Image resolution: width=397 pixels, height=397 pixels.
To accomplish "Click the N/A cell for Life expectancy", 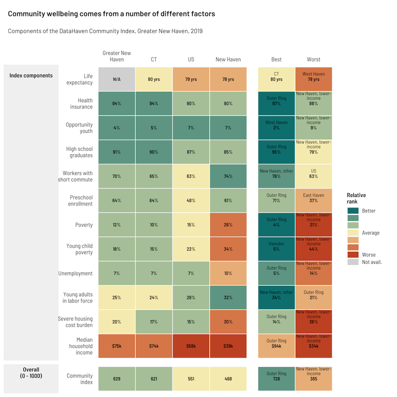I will pos(117,79).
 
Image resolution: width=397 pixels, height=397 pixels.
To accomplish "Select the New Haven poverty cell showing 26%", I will pos(228,225).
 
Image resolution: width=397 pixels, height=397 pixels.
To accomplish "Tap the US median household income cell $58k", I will pos(191,346).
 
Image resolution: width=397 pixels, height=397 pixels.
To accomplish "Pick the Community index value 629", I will pos(117,379).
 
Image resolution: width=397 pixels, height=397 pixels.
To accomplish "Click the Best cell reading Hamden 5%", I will pos(276,249).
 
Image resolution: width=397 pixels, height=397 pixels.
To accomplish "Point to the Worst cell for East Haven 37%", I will pos(314,200).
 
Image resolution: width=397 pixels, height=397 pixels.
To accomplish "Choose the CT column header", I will pos(154,60).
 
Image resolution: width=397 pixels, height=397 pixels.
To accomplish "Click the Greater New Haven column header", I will pos(117,56).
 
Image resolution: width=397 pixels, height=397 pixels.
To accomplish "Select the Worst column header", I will pos(314,60).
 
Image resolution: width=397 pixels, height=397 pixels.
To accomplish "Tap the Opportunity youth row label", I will pos(79,128).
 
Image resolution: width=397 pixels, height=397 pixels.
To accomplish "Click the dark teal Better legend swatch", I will pos(353,211).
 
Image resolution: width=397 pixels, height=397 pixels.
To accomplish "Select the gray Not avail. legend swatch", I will pos(353,262).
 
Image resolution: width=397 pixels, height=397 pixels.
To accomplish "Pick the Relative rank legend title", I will pos(356,198).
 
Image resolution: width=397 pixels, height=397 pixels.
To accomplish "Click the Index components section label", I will pos(31,75).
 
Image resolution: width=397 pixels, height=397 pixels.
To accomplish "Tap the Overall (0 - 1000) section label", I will pos(31,373).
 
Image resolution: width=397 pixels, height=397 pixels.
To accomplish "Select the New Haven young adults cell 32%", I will pos(228,298).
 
